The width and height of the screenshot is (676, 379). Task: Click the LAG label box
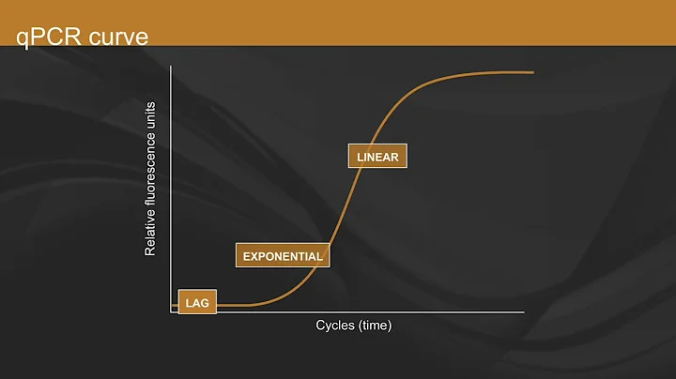197,302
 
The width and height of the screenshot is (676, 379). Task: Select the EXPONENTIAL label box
283,255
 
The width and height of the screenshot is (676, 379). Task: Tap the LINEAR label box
378,157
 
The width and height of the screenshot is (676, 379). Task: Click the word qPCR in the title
44,37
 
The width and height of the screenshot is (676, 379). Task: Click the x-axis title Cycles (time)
353,326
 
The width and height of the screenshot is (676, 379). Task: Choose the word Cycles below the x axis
336,326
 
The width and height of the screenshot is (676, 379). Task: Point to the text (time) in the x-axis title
376,326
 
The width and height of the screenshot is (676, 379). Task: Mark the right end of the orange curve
533,72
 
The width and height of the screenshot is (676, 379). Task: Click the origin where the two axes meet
172,312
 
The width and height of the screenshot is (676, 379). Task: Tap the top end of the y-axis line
172,68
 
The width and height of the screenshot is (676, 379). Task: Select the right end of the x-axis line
524,312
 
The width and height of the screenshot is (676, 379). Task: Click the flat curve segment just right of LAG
235,305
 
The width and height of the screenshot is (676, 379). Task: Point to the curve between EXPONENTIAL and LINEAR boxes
338,211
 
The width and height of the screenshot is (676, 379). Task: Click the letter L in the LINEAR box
360,157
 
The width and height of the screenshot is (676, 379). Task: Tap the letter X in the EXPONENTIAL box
254,256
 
